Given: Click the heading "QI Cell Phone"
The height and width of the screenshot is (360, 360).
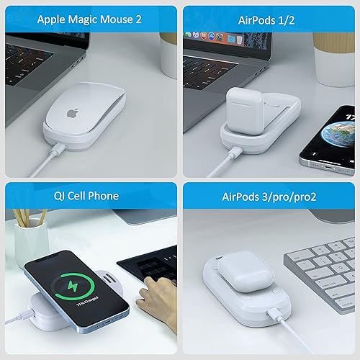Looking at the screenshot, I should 89,196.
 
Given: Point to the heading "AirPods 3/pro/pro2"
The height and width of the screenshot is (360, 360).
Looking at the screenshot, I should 270,196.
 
